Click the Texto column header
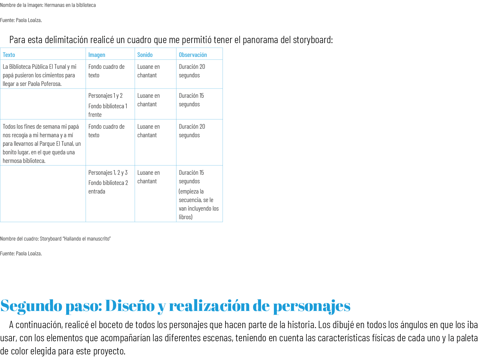(x=9, y=55)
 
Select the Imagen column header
(x=97, y=55)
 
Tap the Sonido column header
(x=145, y=55)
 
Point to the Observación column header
(x=193, y=55)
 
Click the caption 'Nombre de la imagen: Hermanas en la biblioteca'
(x=48, y=5)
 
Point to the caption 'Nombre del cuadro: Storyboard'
(x=55, y=239)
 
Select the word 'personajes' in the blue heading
(x=311, y=306)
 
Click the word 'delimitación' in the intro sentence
(x=66, y=40)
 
